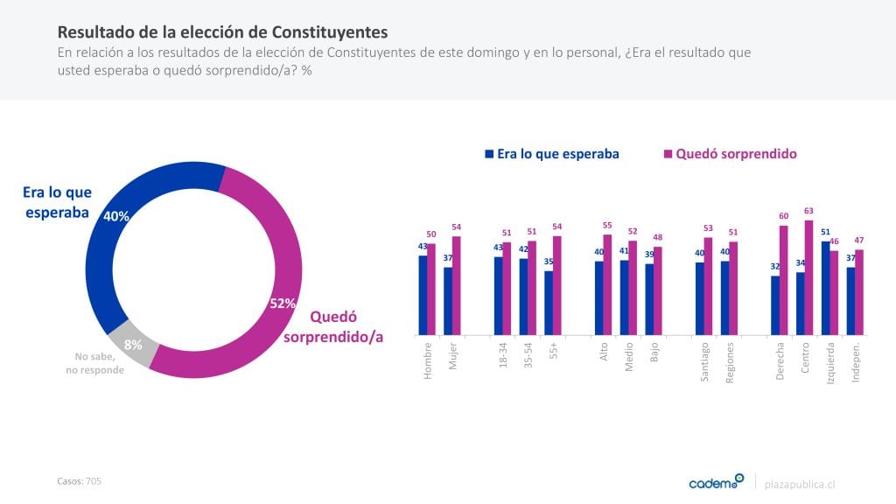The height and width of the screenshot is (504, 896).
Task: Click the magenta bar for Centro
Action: [x=809, y=277]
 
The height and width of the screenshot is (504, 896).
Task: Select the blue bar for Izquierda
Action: [x=825, y=288]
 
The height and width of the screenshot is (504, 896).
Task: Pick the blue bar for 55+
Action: [x=549, y=303]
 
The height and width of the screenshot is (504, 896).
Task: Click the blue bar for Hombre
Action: [x=423, y=295]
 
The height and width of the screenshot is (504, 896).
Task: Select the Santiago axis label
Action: [x=705, y=362]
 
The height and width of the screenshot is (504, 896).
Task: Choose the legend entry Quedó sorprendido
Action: [x=730, y=154]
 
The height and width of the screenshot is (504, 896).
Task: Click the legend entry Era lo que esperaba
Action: [x=552, y=154]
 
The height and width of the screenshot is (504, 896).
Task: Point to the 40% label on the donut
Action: [x=116, y=216]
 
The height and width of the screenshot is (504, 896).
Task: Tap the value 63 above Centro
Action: [x=808, y=211]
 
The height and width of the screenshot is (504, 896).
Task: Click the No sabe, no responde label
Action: [x=95, y=363]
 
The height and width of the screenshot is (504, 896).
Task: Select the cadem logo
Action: [x=716, y=482]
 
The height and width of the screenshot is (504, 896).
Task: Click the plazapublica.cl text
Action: [x=800, y=484]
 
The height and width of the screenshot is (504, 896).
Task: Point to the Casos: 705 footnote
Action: [x=80, y=481]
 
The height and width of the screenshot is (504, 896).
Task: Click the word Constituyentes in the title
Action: [x=329, y=31]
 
